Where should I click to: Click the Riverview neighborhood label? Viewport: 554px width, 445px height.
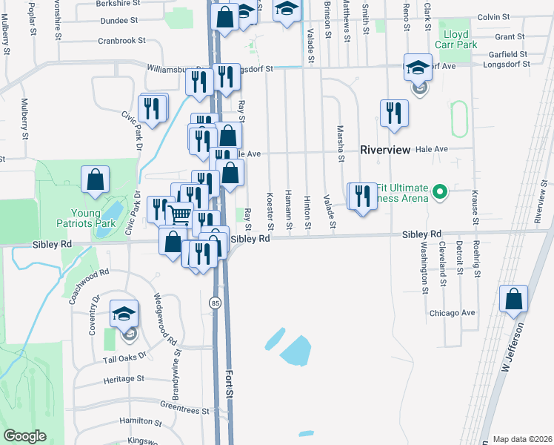384,150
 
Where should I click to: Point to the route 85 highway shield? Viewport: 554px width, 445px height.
215,303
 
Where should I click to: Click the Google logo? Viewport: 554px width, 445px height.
25,437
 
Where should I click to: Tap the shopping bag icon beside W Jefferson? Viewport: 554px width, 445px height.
513,300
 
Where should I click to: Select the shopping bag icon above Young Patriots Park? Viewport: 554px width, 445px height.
96,179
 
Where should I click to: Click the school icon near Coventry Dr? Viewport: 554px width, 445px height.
124,313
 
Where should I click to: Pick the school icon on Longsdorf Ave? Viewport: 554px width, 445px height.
418,67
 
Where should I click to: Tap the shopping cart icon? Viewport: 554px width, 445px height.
179,215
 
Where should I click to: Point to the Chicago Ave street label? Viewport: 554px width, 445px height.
452,313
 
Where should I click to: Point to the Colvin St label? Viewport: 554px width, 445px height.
494,16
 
